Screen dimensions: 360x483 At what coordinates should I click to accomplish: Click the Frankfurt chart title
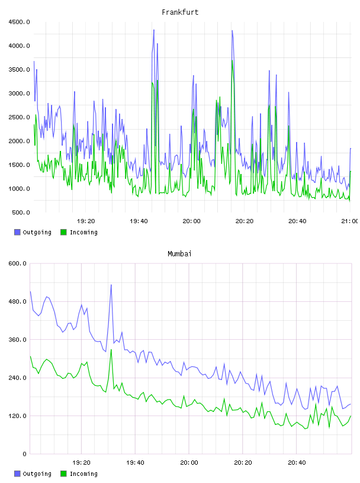point(180,12)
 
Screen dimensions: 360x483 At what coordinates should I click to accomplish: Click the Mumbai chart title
point(179,254)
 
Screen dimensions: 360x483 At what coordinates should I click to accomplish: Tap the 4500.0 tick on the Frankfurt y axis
point(19,22)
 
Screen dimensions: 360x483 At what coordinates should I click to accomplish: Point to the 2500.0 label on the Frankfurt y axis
point(19,117)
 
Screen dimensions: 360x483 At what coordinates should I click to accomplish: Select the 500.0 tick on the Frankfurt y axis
point(21,212)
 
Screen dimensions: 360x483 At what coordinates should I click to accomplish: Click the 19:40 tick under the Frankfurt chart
point(139,221)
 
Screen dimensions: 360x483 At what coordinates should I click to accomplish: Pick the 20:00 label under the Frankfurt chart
point(191,221)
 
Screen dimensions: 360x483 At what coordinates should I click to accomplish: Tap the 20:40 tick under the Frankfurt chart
point(297,221)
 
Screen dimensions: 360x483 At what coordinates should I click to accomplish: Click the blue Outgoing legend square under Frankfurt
point(17,232)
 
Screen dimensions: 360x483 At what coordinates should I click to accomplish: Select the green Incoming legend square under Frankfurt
point(63,232)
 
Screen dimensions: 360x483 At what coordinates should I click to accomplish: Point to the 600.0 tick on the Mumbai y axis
point(17,263)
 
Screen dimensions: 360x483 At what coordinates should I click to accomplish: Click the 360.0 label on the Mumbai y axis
point(17,340)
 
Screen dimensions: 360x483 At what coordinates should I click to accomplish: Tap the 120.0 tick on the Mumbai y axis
point(17,416)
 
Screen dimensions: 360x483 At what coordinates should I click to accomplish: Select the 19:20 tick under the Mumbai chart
point(81,463)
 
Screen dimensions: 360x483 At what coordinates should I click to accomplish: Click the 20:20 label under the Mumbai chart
point(243,463)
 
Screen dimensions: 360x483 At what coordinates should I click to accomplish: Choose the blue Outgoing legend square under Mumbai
point(17,474)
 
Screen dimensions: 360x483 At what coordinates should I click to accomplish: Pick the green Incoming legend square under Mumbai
point(63,474)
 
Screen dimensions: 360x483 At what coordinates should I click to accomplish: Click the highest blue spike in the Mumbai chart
point(111,285)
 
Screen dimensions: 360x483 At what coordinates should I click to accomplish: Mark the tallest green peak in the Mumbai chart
point(111,350)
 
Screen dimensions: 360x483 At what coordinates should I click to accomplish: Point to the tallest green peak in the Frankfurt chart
point(232,60)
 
